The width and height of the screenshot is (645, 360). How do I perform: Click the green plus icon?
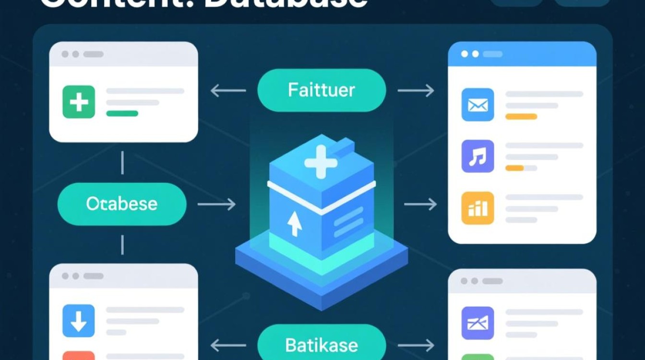point(79,102)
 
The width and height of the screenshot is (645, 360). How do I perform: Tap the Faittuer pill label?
point(322,90)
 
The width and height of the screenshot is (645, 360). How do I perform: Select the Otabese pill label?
point(121,204)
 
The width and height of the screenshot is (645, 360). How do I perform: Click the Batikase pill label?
point(322,345)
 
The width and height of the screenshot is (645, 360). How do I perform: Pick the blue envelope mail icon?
point(478,104)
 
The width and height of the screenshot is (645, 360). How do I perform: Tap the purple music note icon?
point(478,156)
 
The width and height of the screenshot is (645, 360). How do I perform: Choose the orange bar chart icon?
point(478,208)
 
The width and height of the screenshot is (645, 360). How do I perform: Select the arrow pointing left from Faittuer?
point(228,90)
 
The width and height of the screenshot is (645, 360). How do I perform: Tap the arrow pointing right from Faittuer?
point(416,90)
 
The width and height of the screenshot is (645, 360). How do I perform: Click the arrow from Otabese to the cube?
point(216,204)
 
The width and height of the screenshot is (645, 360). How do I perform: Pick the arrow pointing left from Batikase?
point(228,345)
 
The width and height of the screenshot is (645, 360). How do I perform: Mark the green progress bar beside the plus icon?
point(122,113)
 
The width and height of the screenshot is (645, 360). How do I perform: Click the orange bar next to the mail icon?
point(521,116)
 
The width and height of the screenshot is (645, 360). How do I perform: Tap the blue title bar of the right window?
point(522,54)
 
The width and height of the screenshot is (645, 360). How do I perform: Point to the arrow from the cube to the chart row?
point(420,204)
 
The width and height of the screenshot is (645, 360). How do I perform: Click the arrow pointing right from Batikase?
point(416,345)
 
